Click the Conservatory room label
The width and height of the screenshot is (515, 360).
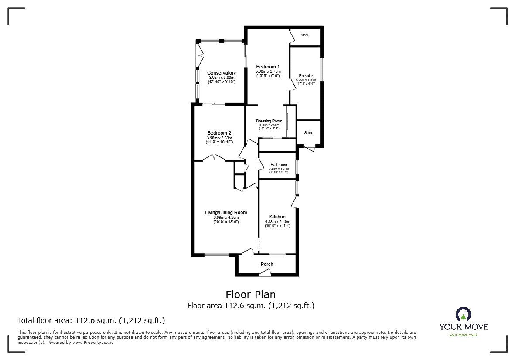point(222,73)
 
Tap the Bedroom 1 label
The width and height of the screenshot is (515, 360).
point(268,66)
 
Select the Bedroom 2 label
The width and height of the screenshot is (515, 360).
point(219,133)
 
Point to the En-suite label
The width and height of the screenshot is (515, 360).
point(306,76)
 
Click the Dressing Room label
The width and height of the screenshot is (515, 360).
point(269,121)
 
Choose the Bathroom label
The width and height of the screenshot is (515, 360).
point(279,165)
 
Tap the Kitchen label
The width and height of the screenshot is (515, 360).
point(277,217)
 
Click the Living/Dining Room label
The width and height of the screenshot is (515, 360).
point(226,212)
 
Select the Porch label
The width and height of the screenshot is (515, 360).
point(267,264)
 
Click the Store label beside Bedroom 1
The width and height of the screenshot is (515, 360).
point(304,35)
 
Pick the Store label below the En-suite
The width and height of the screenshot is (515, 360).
point(309,133)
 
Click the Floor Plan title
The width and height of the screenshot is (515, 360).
point(250,295)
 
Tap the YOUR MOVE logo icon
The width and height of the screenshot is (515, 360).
point(463,314)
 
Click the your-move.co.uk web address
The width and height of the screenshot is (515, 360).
point(463,335)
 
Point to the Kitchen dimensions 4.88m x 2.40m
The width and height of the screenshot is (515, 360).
point(277,222)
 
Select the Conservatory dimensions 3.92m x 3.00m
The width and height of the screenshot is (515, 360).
point(222,78)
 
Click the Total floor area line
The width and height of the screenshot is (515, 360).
point(91,320)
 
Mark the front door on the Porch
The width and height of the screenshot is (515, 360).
point(264,273)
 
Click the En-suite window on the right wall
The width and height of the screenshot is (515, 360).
point(322,69)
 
